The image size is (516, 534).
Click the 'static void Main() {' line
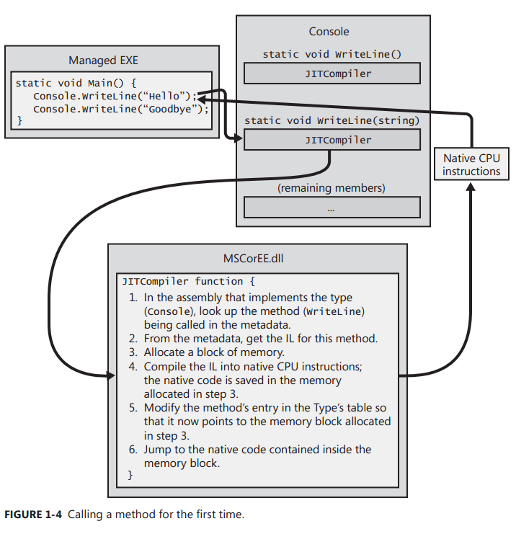[x=76, y=83]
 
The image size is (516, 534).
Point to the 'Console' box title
[x=329, y=31]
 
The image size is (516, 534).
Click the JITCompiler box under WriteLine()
[x=332, y=74]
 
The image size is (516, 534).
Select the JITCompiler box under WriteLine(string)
[x=332, y=140]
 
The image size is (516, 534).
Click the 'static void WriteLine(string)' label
[x=332, y=120]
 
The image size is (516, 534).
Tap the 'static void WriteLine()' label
[x=332, y=54]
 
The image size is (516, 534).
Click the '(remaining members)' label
[x=332, y=188]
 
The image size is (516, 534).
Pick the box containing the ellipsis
[x=332, y=208]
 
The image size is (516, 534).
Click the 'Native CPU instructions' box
[x=471, y=165]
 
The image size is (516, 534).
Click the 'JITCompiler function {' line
[x=189, y=281]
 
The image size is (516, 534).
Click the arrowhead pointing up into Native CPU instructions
[x=471, y=187]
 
